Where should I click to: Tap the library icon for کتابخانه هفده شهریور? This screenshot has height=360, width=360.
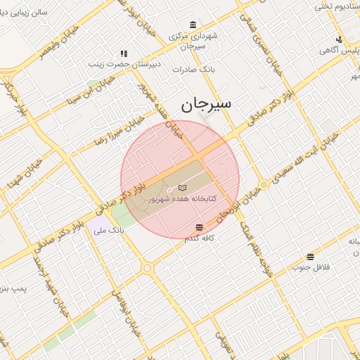[183, 188]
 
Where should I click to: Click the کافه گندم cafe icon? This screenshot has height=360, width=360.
[200, 227]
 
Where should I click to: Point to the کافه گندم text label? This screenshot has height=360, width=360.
[200, 239]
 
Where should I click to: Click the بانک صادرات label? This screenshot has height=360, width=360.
[197, 70]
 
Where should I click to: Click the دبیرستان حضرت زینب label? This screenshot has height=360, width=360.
[117, 64]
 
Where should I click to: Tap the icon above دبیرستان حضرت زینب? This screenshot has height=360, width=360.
[124, 53]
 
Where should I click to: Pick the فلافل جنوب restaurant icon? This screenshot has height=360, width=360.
[310, 257]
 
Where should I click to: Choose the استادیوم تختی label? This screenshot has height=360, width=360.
[336, 6]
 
